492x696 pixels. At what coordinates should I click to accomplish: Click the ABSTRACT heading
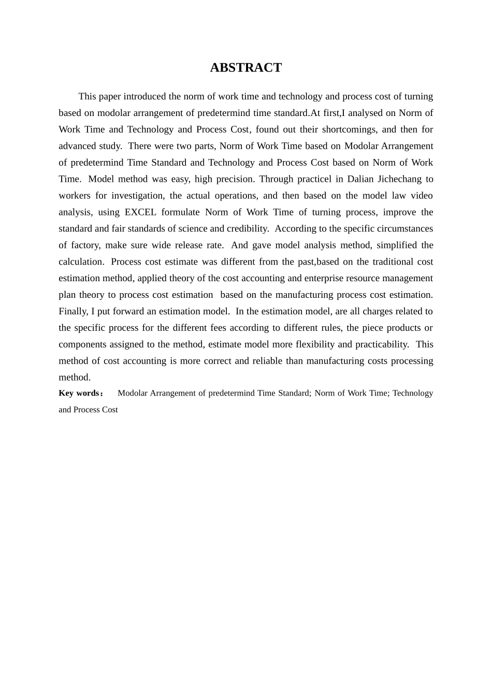click(245, 68)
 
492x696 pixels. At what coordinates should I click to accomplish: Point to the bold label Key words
click(79, 393)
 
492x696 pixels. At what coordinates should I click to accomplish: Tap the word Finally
click(73, 311)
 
